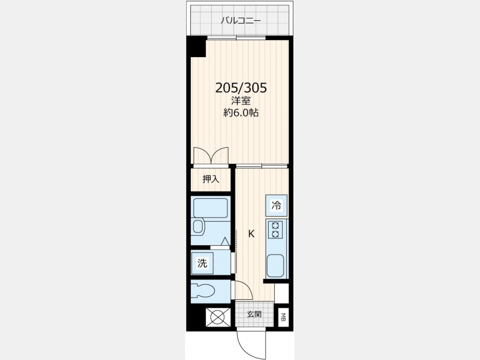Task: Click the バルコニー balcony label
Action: (241, 20)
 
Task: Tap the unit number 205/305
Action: (241, 88)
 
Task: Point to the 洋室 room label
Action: (241, 101)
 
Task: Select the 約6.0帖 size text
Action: (241, 113)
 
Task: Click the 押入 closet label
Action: (211, 179)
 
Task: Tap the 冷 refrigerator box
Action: (276, 205)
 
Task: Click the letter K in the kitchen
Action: (251, 234)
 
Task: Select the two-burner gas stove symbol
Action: (275, 229)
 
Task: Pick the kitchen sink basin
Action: (276, 266)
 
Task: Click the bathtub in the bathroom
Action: (211, 208)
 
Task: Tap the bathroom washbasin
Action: (198, 227)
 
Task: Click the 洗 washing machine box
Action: (202, 263)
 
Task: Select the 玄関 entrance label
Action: (254, 314)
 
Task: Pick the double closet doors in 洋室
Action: (211, 155)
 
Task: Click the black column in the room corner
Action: (197, 47)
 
